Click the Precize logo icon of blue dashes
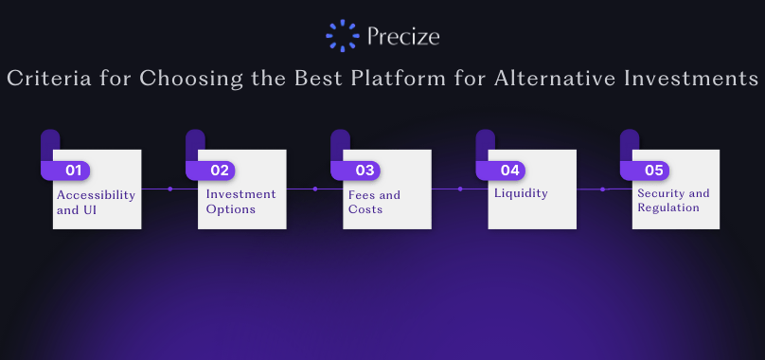tap(343, 36)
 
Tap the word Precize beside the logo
tap(403, 36)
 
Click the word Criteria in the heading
tap(49, 78)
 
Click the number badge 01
tap(73, 171)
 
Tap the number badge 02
tap(219, 171)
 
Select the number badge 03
tap(364, 171)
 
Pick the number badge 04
tap(509, 171)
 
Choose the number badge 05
tap(654, 171)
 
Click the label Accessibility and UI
tap(96, 202)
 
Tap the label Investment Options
tap(240, 201)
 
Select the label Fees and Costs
tap(374, 202)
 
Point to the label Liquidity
tap(521, 193)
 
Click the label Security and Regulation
tap(673, 200)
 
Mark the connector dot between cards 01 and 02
tap(169, 189)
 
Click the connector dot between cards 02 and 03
tap(314, 189)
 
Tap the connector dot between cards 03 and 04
tap(459, 189)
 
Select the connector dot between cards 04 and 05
tap(602, 189)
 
